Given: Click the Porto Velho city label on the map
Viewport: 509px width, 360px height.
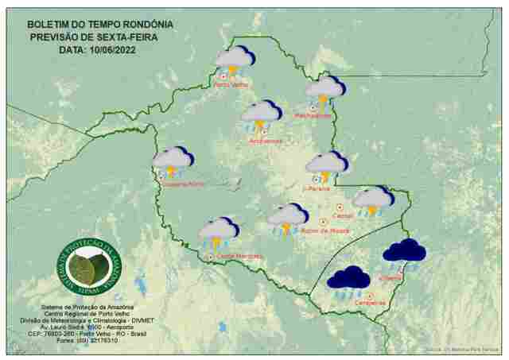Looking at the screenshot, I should pyautogui.click(x=231, y=84).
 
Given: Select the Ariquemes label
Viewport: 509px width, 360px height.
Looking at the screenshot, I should pyautogui.click(x=266, y=141).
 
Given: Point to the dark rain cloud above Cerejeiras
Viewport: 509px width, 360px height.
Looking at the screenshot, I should pyautogui.click(x=348, y=279).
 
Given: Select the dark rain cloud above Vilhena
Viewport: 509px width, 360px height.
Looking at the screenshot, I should pyautogui.click(x=404, y=252).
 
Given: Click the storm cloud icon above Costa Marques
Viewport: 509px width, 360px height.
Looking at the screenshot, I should pyautogui.click(x=219, y=232).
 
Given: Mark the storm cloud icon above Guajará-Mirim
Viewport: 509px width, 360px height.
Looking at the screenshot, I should pyautogui.click(x=173, y=161).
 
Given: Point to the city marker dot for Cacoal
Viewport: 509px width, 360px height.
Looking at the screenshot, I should pyautogui.click(x=340, y=207).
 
